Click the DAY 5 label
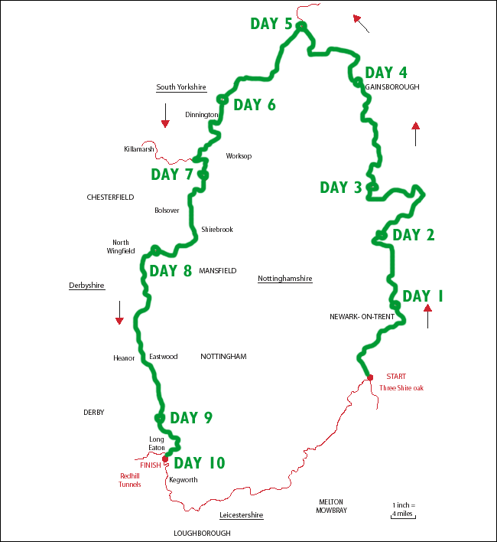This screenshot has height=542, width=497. pos(271,24)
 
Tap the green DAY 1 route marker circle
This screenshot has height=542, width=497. pos(395,305)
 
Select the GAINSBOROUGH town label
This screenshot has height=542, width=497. pos(392,87)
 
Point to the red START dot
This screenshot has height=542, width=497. pos(370,377)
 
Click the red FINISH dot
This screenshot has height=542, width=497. pos(165,459)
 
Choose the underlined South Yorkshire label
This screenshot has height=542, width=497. pos(181,87)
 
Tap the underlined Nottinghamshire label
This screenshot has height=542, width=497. pos(285,279)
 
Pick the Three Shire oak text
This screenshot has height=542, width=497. pos(401,388)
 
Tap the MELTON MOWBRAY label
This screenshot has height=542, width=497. pos(331,506)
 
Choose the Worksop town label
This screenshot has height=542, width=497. pos(239,156)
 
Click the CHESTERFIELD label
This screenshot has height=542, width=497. pos(110,197)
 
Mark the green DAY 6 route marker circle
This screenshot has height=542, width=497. pos(222,99)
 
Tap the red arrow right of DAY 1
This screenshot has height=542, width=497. pos(427,315)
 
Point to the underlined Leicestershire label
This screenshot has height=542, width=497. pos(241,515)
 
